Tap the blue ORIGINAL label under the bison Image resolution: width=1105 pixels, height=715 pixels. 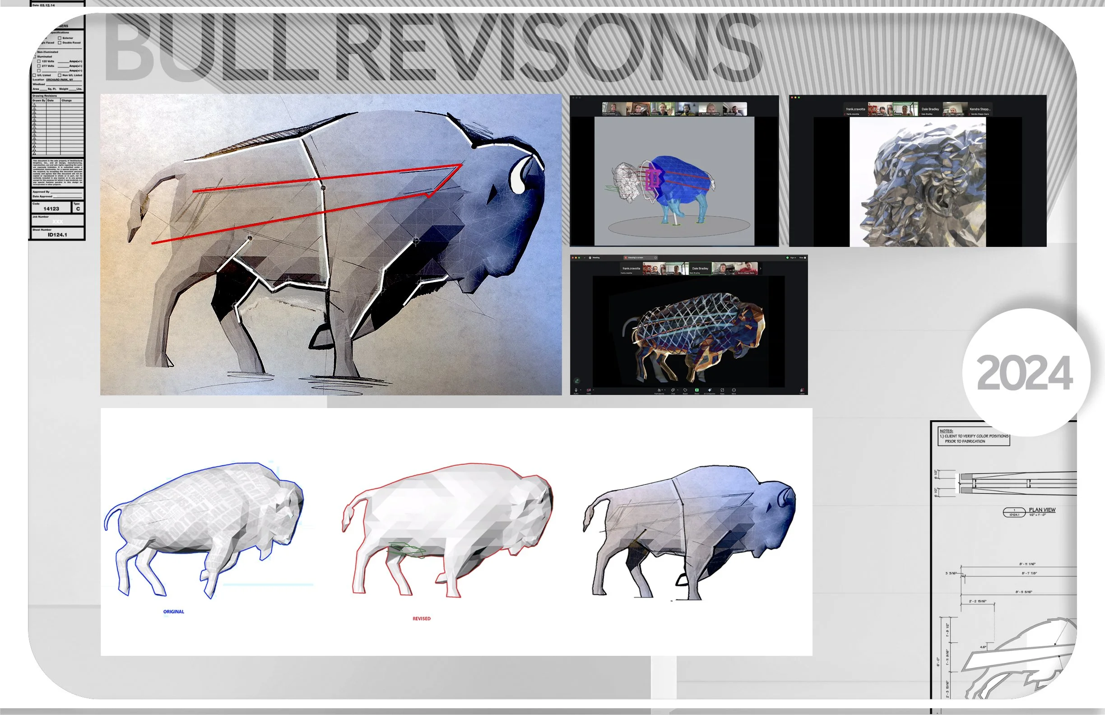tap(174, 612)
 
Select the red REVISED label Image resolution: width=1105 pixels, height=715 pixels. tap(421, 618)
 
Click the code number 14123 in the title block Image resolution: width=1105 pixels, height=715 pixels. tap(51, 209)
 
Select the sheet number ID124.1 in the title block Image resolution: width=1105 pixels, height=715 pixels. tap(57, 235)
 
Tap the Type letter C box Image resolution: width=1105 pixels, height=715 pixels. tap(78, 209)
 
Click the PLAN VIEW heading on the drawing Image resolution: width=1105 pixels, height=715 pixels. tap(1042, 510)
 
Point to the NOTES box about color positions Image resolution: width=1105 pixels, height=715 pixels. tap(974, 436)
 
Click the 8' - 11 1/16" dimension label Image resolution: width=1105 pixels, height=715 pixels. tap(1027, 564)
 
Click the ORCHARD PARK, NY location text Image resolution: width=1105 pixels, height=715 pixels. tap(60, 80)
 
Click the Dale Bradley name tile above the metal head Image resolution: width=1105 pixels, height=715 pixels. tap(930, 110)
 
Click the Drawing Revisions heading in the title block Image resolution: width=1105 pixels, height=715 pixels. tap(45, 96)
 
